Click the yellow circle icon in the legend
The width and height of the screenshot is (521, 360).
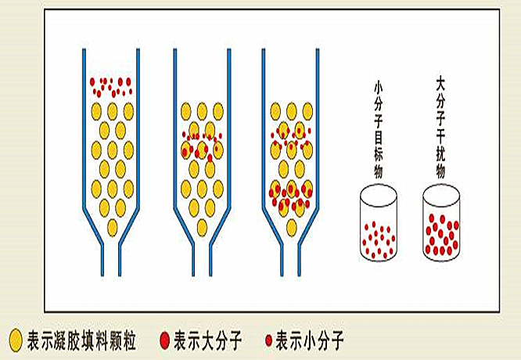click(x=14, y=340)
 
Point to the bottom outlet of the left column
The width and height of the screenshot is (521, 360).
click(x=111, y=258)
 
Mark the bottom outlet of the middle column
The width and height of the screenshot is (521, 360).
click(x=200, y=258)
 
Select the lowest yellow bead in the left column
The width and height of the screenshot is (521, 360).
click(x=111, y=227)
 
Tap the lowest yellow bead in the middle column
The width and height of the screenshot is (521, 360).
click(x=201, y=227)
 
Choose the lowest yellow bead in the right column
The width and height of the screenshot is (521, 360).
click(x=291, y=227)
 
